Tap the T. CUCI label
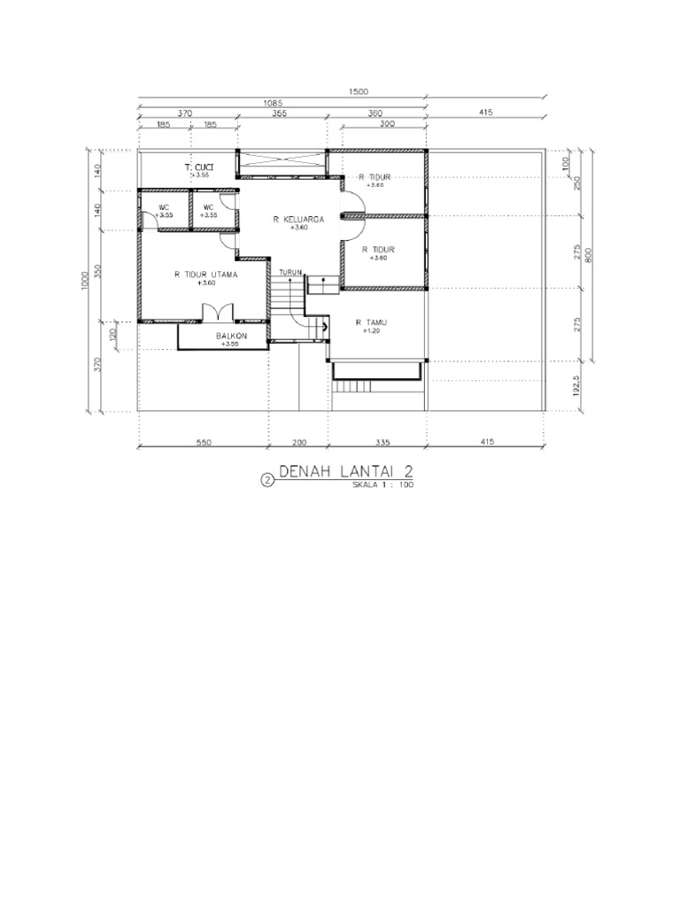198,167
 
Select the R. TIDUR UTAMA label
205,275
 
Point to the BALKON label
231,337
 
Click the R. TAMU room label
371,322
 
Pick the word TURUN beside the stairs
290,272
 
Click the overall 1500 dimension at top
358,91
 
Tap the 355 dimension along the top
279,113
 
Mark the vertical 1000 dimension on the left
86,280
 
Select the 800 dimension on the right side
587,253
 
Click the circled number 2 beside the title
267,481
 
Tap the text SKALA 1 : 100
383,485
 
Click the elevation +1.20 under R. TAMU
371,331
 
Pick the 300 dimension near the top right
386,125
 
